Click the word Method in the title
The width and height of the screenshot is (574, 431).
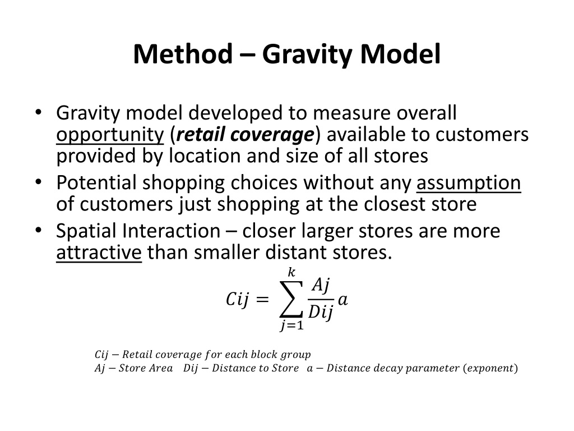(x=182, y=54)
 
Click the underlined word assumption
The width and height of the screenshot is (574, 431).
(x=469, y=184)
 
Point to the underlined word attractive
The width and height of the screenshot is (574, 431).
(x=99, y=254)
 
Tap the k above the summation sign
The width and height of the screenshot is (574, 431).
(x=291, y=273)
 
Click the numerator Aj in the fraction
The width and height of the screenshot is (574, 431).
(x=321, y=285)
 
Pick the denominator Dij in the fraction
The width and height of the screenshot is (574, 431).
(x=321, y=312)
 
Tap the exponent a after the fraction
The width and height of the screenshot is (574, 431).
(x=343, y=300)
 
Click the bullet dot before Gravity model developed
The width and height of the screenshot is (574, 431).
(x=38, y=113)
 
